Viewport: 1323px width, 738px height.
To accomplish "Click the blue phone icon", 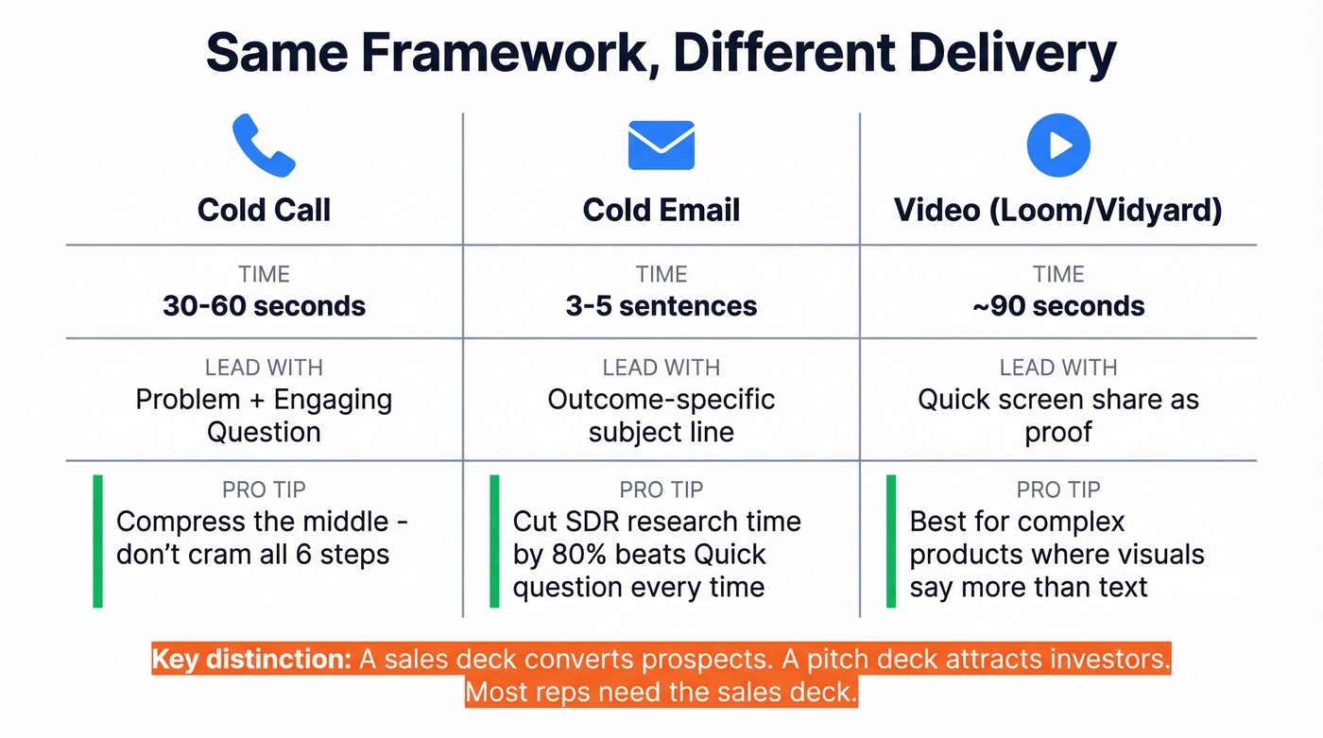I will [264, 146].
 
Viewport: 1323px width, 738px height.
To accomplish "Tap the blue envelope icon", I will [661, 146].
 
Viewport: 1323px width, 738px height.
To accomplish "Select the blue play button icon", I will [1058, 146].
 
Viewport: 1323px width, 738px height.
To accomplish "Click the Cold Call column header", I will [264, 210].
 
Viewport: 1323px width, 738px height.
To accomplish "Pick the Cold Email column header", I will [661, 210].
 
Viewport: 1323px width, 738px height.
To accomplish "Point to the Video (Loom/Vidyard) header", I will [1058, 210].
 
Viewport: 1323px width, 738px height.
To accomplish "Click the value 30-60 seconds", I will [264, 306].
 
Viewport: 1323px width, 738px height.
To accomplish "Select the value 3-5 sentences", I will [661, 306].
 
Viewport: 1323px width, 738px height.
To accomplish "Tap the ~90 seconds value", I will [1058, 306].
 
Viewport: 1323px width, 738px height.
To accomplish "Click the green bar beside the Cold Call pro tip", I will [97, 541].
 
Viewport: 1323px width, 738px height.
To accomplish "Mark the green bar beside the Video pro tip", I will [891, 541].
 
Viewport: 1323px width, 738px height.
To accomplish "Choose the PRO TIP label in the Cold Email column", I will [661, 489].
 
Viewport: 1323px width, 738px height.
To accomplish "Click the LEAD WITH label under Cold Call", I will [264, 368].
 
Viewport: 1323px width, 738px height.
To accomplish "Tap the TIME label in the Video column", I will [1058, 274].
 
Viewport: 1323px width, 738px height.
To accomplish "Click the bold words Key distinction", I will [251, 660].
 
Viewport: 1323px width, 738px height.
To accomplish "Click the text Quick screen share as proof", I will [1058, 415].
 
